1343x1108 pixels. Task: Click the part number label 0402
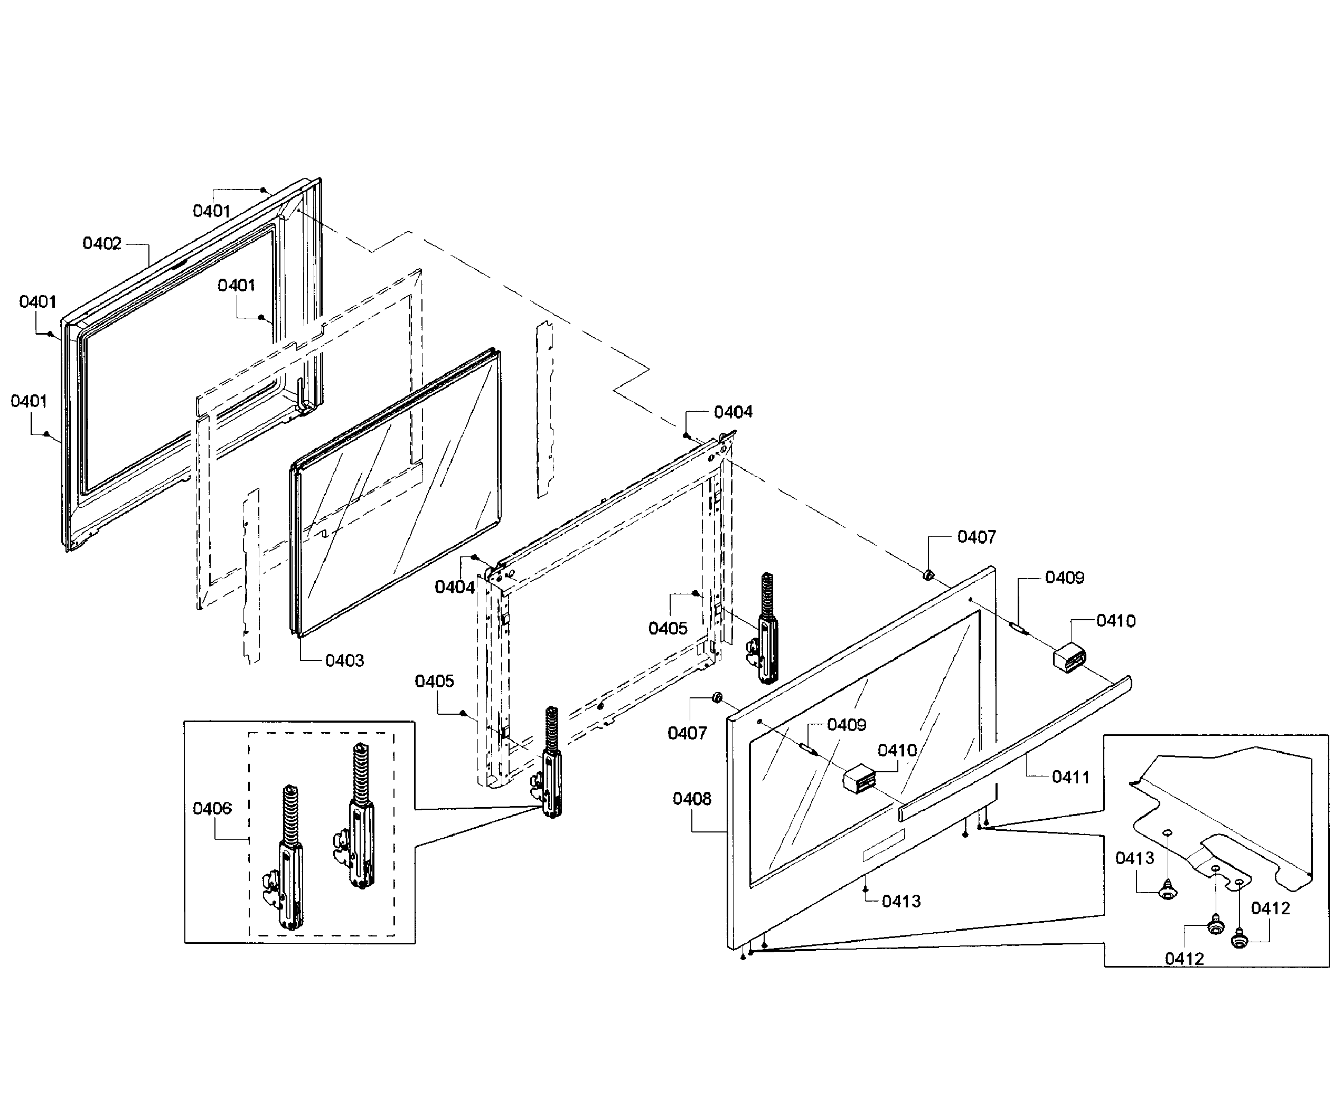point(101,243)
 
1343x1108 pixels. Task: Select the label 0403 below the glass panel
point(344,660)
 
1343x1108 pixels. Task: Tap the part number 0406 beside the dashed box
point(212,808)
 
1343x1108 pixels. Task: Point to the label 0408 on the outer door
point(692,799)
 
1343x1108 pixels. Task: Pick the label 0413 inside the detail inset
point(1134,858)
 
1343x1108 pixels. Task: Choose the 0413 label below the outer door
point(900,901)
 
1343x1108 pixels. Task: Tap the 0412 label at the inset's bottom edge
point(1184,959)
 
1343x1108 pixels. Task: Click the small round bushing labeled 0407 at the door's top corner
point(928,576)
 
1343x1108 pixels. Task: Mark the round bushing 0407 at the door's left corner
point(717,697)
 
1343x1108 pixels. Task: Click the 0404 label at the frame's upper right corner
point(732,412)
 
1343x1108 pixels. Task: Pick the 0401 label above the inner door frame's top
point(211,211)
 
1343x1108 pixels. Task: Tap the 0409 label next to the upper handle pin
point(1064,577)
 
